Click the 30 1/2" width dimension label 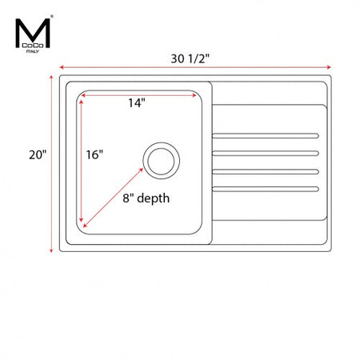[190, 58]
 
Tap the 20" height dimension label [38, 154]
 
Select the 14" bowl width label [137, 103]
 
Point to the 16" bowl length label [94, 154]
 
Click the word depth [154, 198]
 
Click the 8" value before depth [128, 198]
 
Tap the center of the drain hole [162, 161]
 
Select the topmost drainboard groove [266, 136]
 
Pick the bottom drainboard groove [266, 189]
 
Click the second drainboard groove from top [266, 153]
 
